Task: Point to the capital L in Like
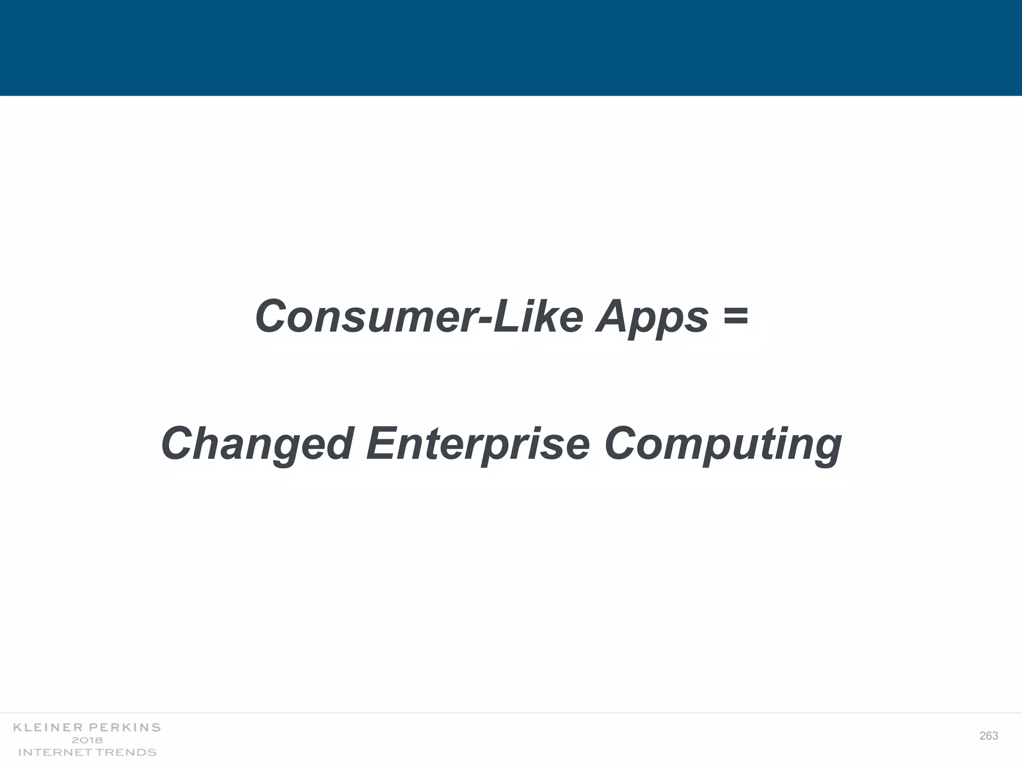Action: pyautogui.click(x=506, y=317)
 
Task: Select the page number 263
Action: pyautogui.click(x=989, y=736)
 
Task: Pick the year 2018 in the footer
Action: pyautogui.click(x=87, y=740)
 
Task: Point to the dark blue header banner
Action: pyautogui.click(x=511, y=47)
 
